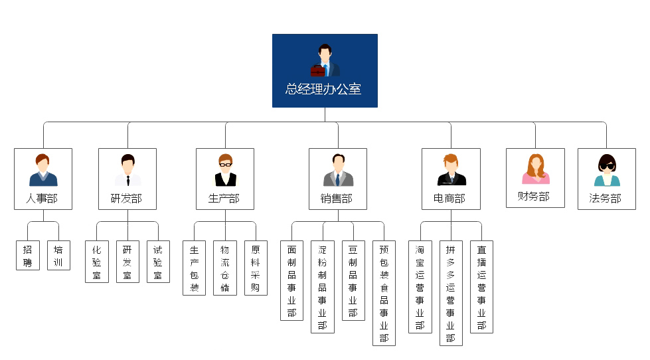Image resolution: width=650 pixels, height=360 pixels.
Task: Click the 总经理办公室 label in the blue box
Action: click(x=324, y=89)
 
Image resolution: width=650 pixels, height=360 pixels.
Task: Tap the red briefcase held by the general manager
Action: click(x=317, y=70)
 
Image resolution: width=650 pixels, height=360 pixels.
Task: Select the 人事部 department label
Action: click(x=43, y=199)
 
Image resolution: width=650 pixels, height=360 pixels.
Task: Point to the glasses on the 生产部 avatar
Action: click(x=225, y=163)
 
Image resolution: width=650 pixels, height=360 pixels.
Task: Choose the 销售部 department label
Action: click(x=337, y=199)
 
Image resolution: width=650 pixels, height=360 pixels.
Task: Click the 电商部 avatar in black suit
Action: click(x=451, y=171)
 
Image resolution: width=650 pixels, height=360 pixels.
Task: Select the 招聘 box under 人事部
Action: click(x=27, y=256)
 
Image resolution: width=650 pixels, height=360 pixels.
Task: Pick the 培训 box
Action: click(x=58, y=256)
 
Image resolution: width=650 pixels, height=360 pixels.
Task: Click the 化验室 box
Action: click(x=97, y=262)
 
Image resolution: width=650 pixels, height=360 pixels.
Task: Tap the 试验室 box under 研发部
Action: click(x=158, y=262)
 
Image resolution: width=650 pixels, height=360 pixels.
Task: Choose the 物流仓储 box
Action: click(x=225, y=268)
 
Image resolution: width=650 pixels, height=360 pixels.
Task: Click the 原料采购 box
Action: click(x=256, y=268)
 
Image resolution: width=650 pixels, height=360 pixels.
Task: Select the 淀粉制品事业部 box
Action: click(x=322, y=287)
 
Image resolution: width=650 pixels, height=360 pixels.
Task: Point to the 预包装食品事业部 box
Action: click(x=384, y=293)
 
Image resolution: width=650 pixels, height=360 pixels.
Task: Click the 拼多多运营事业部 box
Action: click(x=451, y=293)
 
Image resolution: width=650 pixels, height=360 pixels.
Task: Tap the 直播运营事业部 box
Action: click(x=481, y=287)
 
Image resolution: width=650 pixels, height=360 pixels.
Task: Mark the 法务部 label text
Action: click(x=606, y=198)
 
